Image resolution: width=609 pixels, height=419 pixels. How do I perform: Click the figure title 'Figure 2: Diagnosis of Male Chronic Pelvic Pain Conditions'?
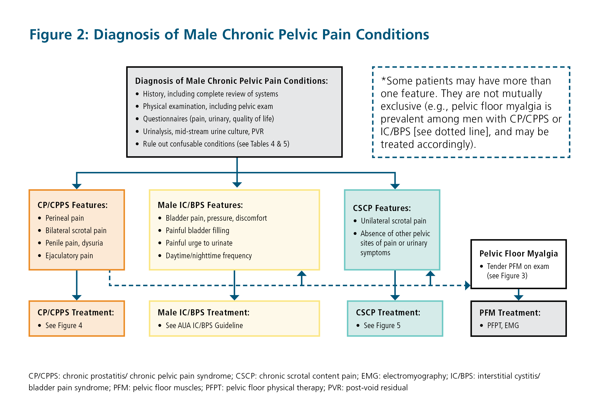229,35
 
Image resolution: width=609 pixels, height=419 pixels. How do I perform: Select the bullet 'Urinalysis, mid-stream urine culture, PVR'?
203,132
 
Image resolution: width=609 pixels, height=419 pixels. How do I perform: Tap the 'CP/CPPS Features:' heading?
72,205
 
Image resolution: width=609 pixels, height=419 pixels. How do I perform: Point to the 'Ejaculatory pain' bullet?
69,256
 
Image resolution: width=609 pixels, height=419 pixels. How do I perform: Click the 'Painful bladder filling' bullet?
197,231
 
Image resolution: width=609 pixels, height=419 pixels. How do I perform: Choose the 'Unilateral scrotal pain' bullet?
393,221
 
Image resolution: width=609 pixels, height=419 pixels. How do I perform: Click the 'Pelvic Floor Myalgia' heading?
518,254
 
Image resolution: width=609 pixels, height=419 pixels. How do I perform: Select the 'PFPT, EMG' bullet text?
503,326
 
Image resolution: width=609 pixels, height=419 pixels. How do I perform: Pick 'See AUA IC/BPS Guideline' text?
204,326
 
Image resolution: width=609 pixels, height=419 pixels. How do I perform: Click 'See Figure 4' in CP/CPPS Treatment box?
64,326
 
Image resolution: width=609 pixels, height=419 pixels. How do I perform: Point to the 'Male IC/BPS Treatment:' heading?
204,312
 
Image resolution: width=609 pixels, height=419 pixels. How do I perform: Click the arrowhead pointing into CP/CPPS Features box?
77,186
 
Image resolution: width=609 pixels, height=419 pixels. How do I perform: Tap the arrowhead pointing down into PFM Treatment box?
518,297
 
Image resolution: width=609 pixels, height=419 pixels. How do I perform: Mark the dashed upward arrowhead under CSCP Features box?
430,274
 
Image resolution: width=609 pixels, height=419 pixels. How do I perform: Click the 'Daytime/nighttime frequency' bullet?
209,256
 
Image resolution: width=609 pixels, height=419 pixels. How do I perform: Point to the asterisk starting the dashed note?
383,79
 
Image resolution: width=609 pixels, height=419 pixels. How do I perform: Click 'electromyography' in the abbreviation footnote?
415,376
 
